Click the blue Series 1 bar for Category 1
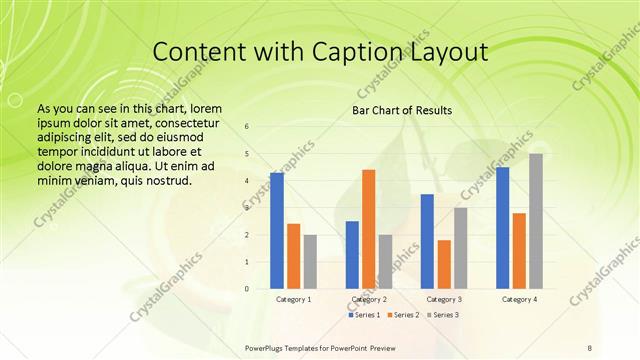click(277, 230)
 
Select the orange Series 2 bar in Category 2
click(368, 229)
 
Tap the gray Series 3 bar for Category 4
click(536, 221)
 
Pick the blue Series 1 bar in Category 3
click(427, 241)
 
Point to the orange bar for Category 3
click(444, 264)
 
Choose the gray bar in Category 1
click(310, 262)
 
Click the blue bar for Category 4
click(503, 228)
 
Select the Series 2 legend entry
click(403, 315)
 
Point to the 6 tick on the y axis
click(247, 126)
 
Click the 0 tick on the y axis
click(247, 289)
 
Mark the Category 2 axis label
click(369, 299)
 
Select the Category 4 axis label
click(519, 299)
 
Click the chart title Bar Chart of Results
click(402, 110)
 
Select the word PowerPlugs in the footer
click(267, 347)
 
